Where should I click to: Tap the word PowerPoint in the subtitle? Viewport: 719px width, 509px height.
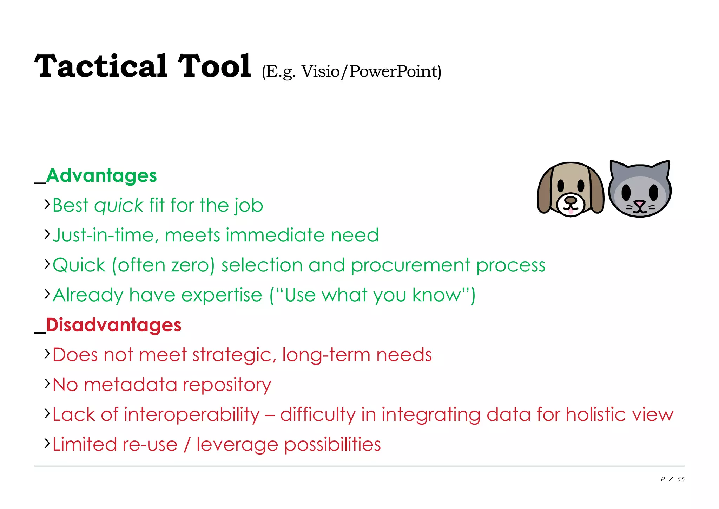(x=393, y=71)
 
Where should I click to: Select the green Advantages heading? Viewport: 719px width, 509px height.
(x=101, y=175)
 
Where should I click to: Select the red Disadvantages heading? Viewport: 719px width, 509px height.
(x=113, y=325)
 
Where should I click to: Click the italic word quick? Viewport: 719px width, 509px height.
(x=119, y=206)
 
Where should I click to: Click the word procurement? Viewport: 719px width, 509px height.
(x=410, y=265)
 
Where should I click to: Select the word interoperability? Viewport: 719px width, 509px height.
(x=192, y=414)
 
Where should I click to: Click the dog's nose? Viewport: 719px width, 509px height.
(x=570, y=200)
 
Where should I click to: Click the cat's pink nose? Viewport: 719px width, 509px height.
(x=640, y=203)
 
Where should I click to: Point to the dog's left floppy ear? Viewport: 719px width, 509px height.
(x=545, y=192)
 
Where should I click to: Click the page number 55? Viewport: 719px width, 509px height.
(x=681, y=479)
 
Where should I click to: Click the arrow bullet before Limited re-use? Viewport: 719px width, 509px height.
(x=47, y=443)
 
